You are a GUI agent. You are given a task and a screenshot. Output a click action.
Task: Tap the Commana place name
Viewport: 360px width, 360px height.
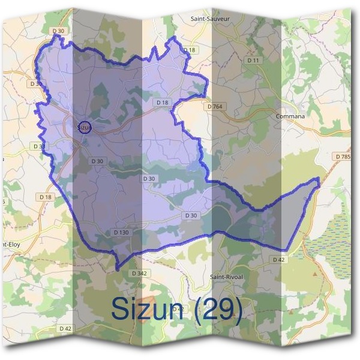290,116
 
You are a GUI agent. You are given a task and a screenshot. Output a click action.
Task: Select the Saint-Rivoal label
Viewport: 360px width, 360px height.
226,277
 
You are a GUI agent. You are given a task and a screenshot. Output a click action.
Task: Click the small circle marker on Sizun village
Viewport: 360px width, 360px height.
85,127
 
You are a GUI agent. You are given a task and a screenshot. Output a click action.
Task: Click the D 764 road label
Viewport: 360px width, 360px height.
214,106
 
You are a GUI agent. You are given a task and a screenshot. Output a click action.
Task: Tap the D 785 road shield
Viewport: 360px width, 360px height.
343,157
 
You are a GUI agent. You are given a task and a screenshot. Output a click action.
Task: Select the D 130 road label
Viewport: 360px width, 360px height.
121,232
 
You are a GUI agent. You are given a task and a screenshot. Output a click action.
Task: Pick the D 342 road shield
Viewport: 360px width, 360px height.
139,273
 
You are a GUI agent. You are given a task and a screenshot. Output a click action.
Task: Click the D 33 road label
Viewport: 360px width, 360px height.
39,146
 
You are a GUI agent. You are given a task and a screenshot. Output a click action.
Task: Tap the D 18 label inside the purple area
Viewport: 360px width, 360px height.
163,103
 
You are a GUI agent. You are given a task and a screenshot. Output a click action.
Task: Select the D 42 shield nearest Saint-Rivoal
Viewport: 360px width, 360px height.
278,260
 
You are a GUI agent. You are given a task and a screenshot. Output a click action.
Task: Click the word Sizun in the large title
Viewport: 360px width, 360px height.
148,309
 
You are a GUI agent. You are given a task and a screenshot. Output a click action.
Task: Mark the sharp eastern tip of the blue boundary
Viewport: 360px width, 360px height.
319,179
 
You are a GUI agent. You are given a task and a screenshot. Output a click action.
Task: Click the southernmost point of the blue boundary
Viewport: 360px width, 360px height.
118,268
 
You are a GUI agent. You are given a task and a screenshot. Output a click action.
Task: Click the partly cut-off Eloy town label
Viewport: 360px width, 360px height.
12,245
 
